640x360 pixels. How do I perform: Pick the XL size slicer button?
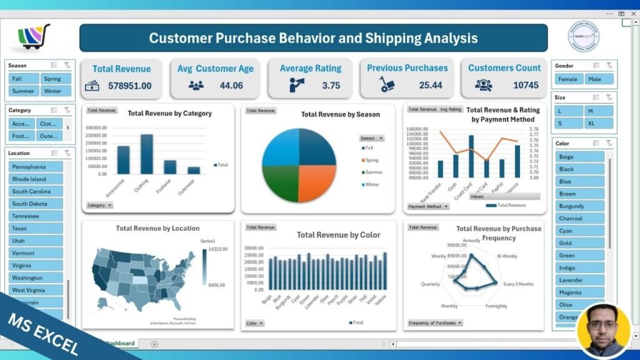pos(599,123)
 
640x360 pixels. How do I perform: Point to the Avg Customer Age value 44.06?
pos(231,86)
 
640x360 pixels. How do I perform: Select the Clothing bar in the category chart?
pos(147,154)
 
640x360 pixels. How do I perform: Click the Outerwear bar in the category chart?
pos(194,170)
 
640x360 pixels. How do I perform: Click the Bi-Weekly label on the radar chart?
pos(507,256)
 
